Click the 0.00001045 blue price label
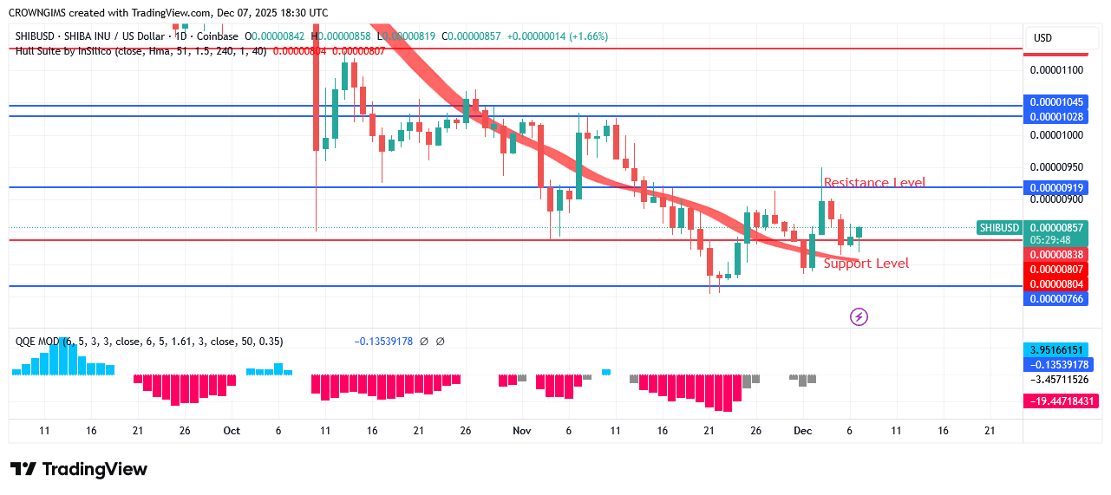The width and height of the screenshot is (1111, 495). click(x=1053, y=102)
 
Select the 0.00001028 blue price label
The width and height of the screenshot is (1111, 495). click(x=1053, y=117)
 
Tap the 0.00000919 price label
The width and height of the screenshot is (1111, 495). click(x=1053, y=188)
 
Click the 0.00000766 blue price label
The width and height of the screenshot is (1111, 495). click(x=1053, y=299)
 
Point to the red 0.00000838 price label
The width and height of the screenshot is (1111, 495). click(x=1053, y=255)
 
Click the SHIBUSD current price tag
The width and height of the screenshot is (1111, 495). click(x=999, y=228)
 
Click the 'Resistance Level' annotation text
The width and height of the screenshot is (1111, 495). click(x=873, y=183)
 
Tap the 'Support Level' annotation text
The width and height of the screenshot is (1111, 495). click(x=866, y=264)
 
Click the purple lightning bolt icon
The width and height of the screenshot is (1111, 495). click(x=859, y=317)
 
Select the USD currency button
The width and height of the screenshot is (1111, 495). click(x=1042, y=38)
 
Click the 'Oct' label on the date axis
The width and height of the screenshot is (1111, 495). click(x=231, y=431)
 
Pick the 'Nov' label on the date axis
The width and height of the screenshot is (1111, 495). click(x=521, y=431)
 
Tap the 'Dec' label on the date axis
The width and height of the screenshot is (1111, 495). click(x=802, y=431)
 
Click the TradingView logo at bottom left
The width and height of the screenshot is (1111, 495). click(x=79, y=470)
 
